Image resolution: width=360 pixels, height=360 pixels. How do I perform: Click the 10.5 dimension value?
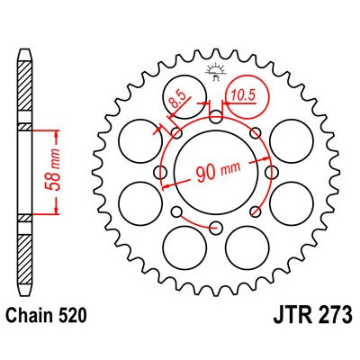(243, 91)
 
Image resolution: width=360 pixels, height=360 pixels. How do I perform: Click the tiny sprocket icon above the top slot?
(214, 71)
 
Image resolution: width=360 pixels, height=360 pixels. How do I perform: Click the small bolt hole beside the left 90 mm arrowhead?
(165, 168)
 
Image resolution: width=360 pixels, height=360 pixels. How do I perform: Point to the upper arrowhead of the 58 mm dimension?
(58, 131)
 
